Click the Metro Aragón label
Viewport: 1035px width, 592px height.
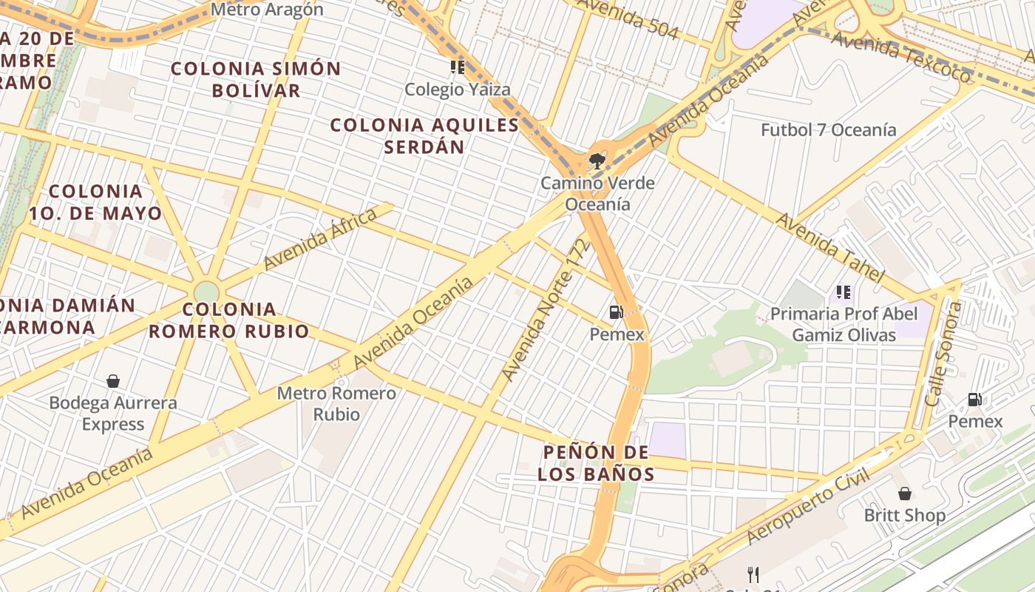pyautogui.click(x=267, y=10)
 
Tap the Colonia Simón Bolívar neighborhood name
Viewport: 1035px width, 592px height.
pyautogui.click(x=256, y=79)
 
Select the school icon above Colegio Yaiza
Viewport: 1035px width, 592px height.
pyautogui.click(x=458, y=67)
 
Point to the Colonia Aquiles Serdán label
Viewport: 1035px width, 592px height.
pyautogui.click(x=424, y=135)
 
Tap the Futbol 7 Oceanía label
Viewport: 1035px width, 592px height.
pyautogui.click(x=828, y=130)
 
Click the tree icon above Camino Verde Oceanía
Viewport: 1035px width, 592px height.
pyautogui.click(x=595, y=161)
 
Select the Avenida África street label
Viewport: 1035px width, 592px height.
pyautogui.click(x=320, y=238)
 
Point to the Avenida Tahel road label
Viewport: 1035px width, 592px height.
pyautogui.click(x=829, y=248)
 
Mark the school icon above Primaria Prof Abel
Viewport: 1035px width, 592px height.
pyautogui.click(x=843, y=292)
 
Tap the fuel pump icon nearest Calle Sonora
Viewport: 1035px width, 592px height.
pyautogui.click(x=975, y=400)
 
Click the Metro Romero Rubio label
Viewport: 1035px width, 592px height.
pyautogui.click(x=336, y=403)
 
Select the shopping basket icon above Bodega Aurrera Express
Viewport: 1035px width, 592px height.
pyautogui.click(x=113, y=381)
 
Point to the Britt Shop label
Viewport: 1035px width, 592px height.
pyautogui.click(x=904, y=515)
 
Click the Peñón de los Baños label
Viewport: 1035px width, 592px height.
pyautogui.click(x=596, y=462)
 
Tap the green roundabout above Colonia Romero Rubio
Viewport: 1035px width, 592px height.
pyautogui.click(x=207, y=291)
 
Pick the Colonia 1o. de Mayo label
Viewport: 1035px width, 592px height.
pyautogui.click(x=95, y=202)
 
